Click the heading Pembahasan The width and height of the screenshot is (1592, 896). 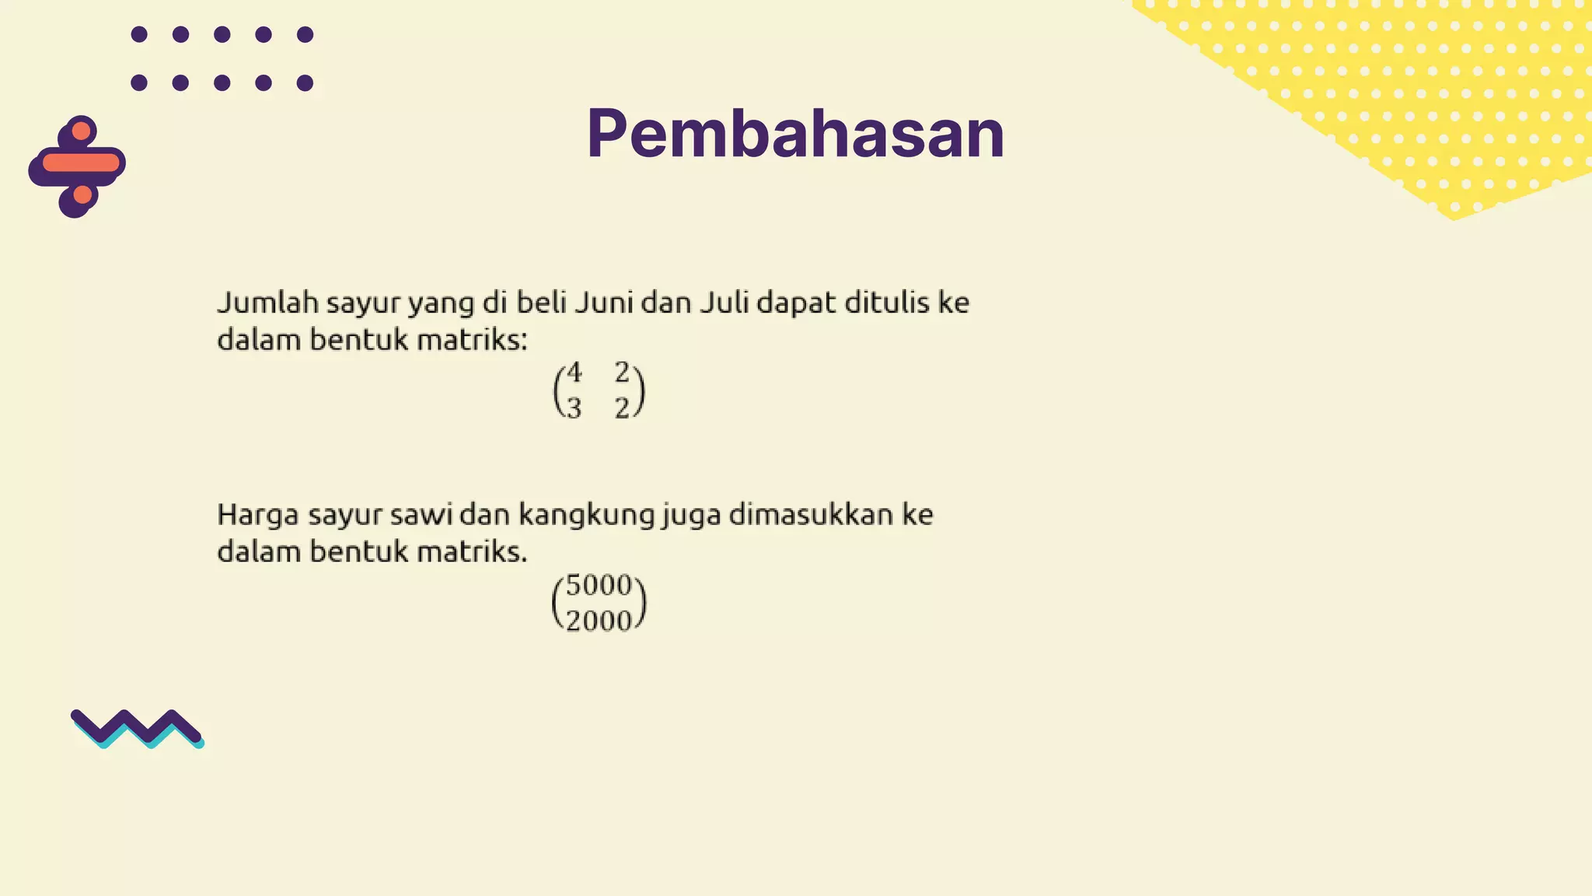pyautogui.click(x=795, y=134)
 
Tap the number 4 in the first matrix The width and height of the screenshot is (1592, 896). pyautogui.click(x=574, y=373)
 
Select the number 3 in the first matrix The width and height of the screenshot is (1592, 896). pyautogui.click(x=574, y=408)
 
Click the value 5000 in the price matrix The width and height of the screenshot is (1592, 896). pyautogui.click(x=599, y=585)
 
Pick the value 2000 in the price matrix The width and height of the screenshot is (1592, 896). pyautogui.click(x=599, y=621)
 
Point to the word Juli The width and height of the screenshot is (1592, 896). pyautogui.click(x=724, y=302)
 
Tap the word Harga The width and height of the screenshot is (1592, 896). pyautogui.click(x=258, y=514)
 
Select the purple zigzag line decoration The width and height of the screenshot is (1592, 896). pyautogui.click(x=137, y=727)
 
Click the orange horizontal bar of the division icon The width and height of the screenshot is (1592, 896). pyautogui.click(x=81, y=163)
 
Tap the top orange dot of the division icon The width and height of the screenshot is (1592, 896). pyautogui.click(x=81, y=131)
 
